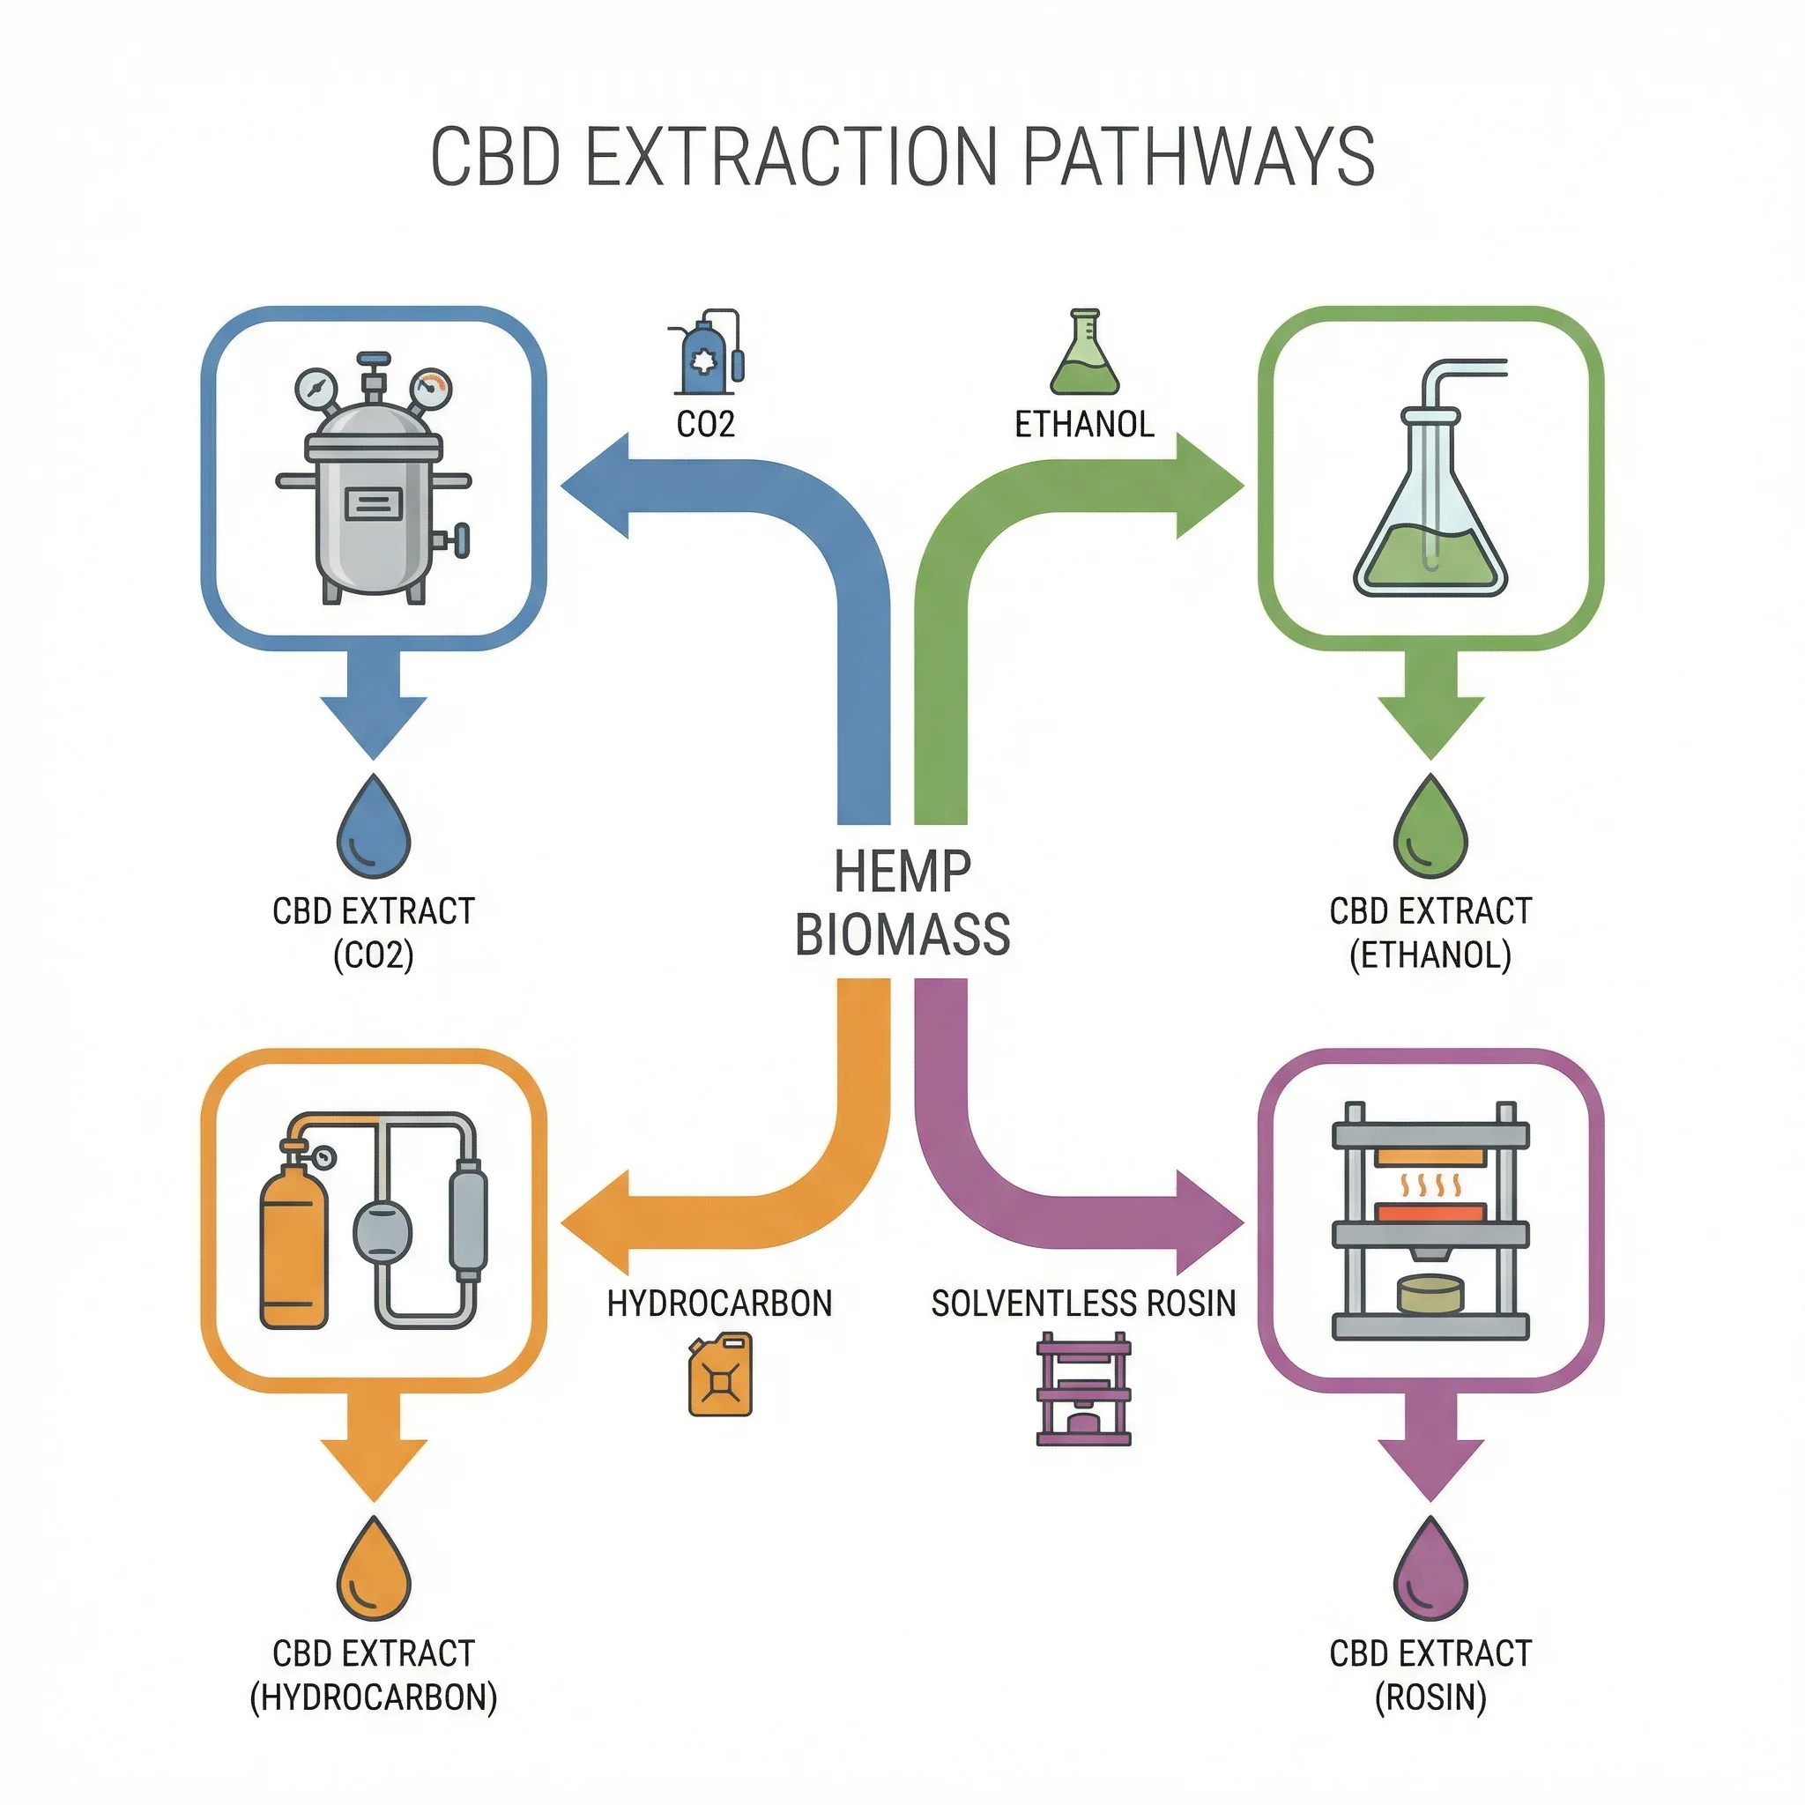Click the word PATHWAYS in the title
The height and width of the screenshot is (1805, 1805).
1199,156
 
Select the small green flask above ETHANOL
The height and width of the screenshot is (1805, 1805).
1084,354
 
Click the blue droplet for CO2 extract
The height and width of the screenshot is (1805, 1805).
374,828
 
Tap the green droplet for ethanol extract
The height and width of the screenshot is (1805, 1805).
1430,828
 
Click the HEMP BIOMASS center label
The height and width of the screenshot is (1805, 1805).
902,902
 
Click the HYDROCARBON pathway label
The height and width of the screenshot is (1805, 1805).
719,1304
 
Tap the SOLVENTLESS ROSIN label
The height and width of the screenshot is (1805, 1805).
1084,1304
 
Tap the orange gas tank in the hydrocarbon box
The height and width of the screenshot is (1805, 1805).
293,1242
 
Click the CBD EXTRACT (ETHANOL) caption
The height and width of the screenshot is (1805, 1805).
1430,932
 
